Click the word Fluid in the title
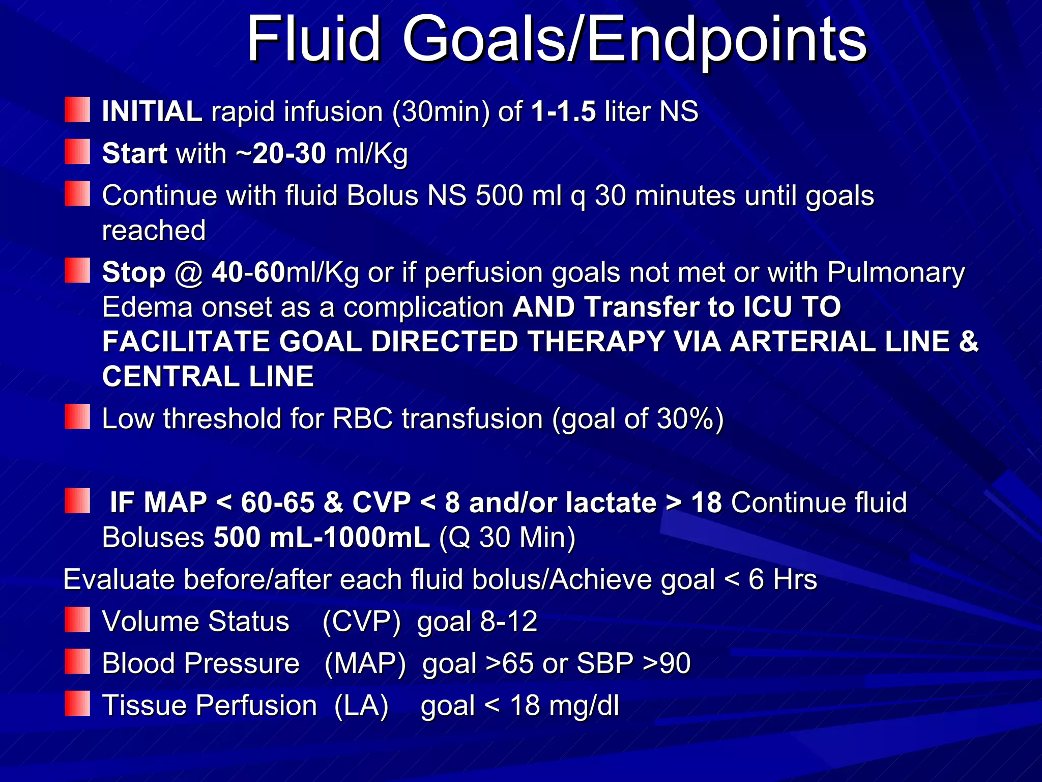313,39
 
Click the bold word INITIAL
152,111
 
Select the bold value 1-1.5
563,111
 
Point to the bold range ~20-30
281,153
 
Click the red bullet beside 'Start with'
77,152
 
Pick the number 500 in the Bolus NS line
499,195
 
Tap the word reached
154,230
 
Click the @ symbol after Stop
189,273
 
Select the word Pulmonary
895,272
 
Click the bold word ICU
767,307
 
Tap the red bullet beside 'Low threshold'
77,417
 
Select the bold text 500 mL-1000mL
322,537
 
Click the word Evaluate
119,579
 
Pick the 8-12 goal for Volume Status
509,622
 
